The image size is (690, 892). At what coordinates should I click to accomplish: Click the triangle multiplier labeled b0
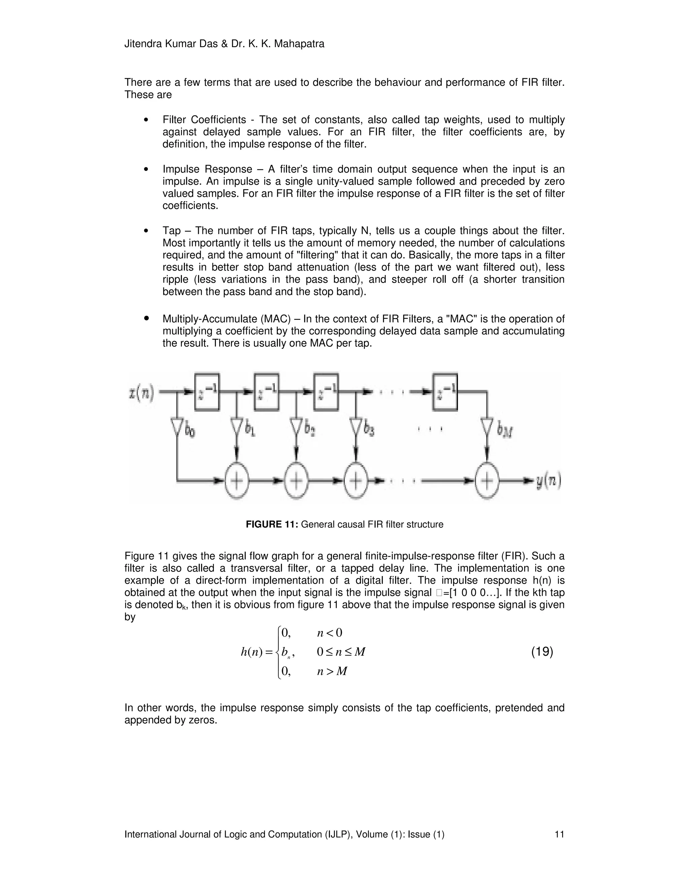coord(177,427)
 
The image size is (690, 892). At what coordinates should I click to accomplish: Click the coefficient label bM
coord(505,431)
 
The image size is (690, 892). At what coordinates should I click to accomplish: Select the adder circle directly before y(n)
coord(487,481)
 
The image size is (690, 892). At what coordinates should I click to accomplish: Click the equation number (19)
coord(542,651)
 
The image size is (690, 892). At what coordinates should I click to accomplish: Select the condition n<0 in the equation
coord(330,633)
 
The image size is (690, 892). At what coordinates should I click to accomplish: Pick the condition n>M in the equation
coord(332,671)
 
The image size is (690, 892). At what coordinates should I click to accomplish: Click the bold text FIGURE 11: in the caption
coord(273,524)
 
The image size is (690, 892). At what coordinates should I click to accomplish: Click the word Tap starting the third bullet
coord(172,231)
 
